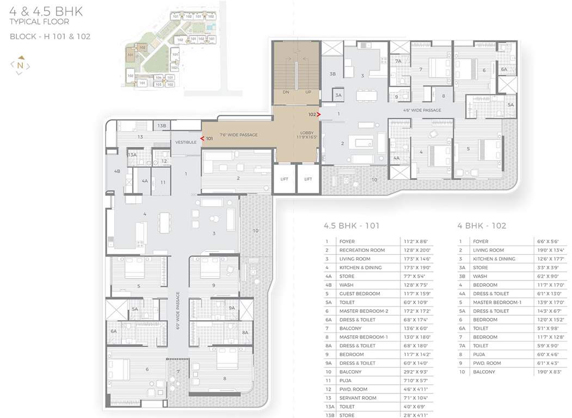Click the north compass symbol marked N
point(20,65)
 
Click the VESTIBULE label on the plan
point(185,142)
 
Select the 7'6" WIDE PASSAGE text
point(238,134)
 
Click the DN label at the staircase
point(286,92)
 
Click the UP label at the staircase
point(308,92)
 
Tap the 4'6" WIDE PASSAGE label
point(422,110)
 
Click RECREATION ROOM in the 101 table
point(362,250)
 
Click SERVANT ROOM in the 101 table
point(358,398)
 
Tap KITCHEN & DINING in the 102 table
point(494,259)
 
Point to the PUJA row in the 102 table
point(479,354)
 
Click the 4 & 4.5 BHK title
point(46,11)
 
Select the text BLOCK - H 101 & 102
point(50,36)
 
